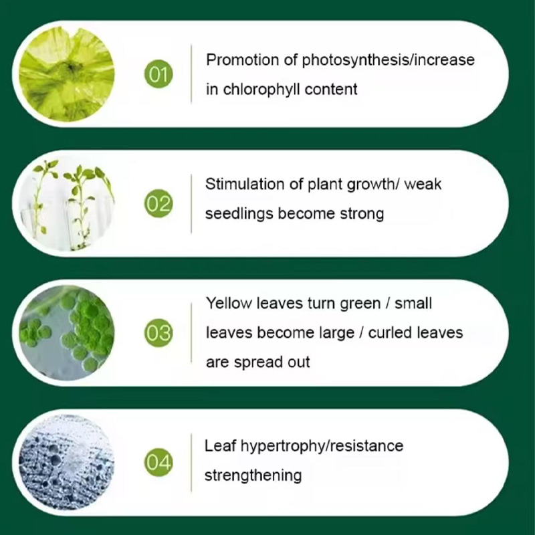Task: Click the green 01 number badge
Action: [x=158, y=74]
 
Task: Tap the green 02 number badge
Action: [x=158, y=203]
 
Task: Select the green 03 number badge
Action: [x=158, y=333]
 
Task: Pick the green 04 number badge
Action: [x=158, y=462]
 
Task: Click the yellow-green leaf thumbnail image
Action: [x=66, y=74]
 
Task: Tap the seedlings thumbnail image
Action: [x=66, y=203]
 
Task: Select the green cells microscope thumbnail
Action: [x=66, y=333]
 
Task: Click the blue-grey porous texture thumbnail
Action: [x=66, y=463]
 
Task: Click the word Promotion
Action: [x=243, y=60]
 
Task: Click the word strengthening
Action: [x=253, y=475]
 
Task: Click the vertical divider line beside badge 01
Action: [x=192, y=74]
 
